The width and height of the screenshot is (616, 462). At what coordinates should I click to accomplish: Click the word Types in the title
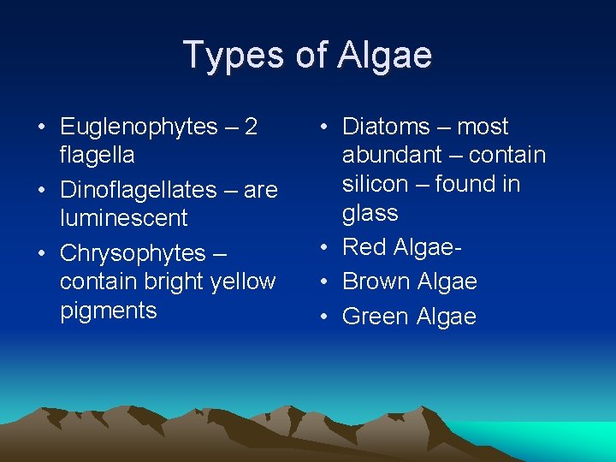pos(225,55)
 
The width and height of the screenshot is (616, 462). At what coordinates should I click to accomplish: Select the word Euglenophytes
pos(139,127)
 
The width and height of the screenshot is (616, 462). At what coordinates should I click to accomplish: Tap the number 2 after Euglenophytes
pos(251,127)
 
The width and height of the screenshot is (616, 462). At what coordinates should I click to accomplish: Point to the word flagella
pos(97,155)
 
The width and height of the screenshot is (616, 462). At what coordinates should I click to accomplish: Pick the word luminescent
pos(123,218)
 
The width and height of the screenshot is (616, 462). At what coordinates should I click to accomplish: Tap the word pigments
pos(109,311)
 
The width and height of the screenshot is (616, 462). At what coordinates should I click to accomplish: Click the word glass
pos(370,213)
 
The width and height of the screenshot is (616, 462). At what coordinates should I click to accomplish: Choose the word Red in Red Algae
pos(363,247)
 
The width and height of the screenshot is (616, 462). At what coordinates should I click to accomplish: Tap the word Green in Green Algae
pos(376,317)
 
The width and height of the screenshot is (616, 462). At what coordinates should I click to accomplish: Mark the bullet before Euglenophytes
pos(42,127)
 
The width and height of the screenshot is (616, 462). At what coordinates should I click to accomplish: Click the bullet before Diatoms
pos(324,127)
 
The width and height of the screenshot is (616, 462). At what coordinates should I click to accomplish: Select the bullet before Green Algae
pos(324,317)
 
